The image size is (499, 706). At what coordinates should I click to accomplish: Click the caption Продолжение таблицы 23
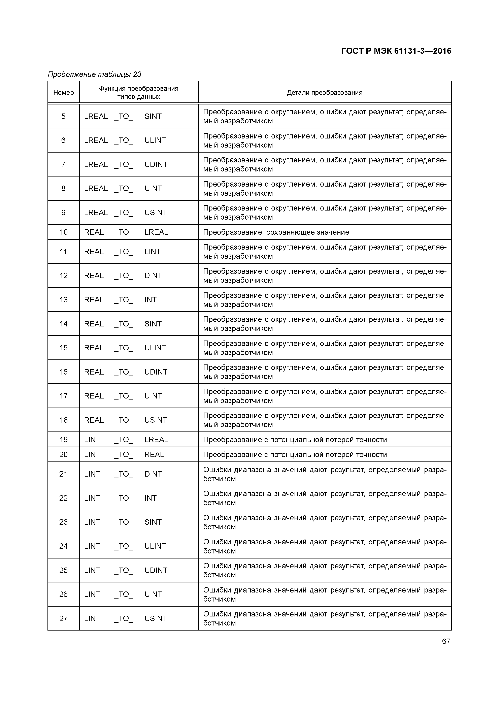(94, 74)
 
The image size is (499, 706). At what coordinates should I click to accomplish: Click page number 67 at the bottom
(446, 641)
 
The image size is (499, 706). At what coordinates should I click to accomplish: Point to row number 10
(63, 232)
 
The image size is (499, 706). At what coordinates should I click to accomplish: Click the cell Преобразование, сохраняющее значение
(276, 232)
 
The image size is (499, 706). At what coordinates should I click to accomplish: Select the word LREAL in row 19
(156, 440)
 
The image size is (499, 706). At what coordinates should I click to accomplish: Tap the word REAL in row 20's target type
(154, 454)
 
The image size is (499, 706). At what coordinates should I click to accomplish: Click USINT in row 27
(156, 618)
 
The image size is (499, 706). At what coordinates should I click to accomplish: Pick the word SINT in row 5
(153, 117)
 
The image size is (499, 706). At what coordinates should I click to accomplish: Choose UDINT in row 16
(156, 372)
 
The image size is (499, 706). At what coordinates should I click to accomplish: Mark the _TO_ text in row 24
(123, 546)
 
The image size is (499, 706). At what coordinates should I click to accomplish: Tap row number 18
(63, 420)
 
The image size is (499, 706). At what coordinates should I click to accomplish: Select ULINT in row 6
(155, 140)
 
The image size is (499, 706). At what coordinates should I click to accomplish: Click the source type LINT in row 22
(92, 498)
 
